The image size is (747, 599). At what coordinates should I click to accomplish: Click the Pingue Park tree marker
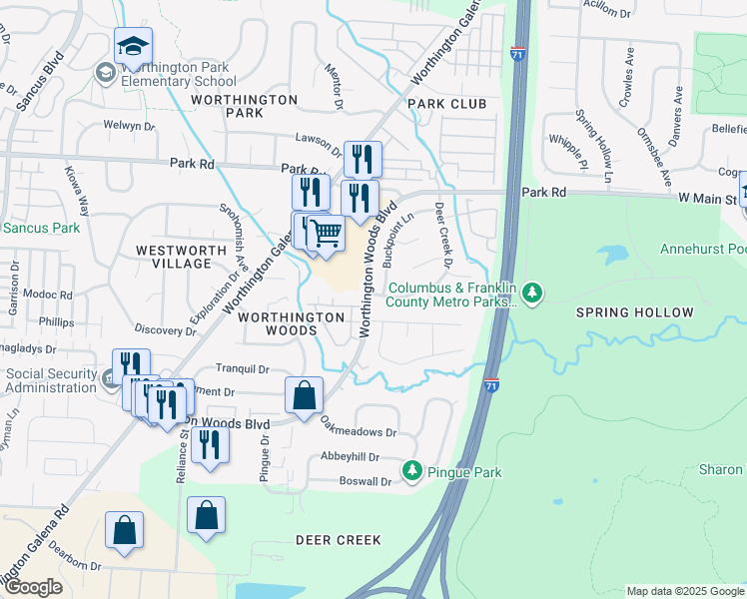(x=410, y=469)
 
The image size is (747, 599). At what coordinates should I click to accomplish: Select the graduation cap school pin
(x=133, y=46)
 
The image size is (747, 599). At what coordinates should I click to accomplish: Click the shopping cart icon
(x=325, y=234)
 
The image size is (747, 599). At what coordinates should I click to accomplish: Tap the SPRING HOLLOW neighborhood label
(x=634, y=312)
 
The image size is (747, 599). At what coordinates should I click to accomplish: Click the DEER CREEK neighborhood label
(x=339, y=540)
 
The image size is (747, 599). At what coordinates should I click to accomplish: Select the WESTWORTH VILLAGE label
(x=174, y=257)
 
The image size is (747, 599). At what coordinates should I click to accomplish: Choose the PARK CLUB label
(x=446, y=104)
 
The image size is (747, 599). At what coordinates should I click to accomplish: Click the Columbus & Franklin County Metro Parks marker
(x=534, y=291)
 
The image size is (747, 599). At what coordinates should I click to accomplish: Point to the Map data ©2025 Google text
(x=684, y=591)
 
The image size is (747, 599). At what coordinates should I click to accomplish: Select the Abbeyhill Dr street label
(x=351, y=457)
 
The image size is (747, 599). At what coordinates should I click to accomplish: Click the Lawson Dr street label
(x=318, y=139)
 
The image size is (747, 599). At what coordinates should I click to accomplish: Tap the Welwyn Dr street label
(x=129, y=126)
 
